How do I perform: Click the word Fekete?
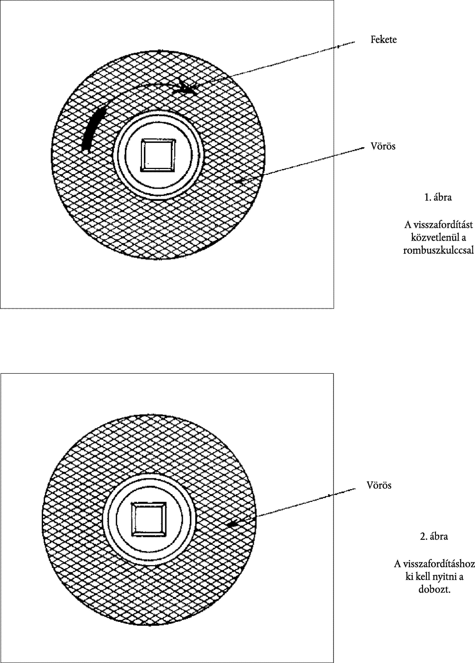pyautogui.click(x=384, y=40)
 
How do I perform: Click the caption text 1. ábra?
pyautogui.click(x=438, y=197)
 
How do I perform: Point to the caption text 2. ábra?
pyautogui.click(x=434, y=536)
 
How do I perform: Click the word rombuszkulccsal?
pyautogui.click(x=438, y=250)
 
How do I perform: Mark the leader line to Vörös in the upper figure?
pyautogui.click(x=300, y=165)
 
